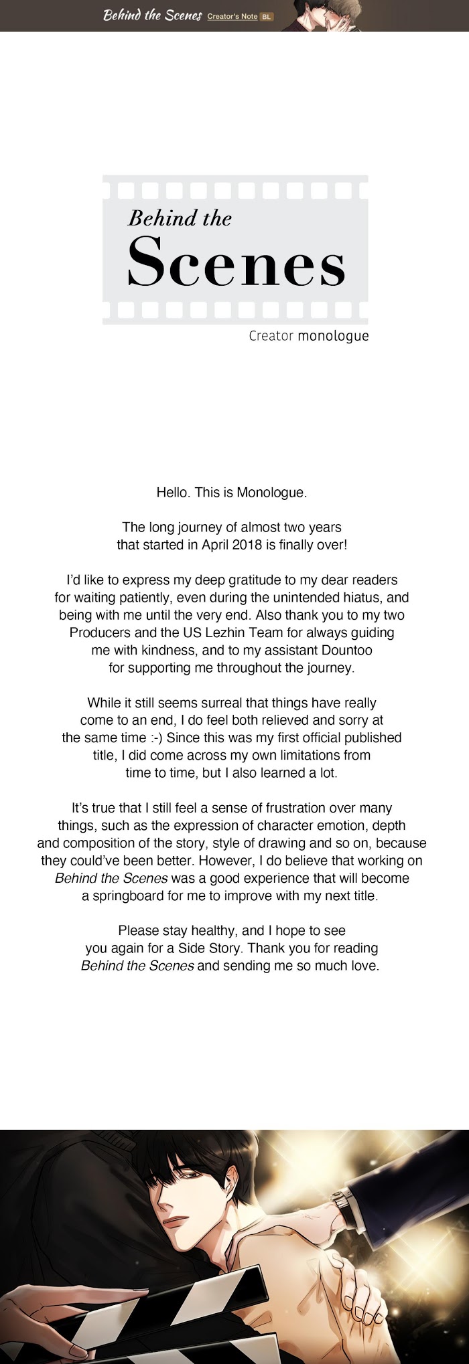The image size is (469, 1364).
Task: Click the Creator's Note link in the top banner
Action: tap(232, 16)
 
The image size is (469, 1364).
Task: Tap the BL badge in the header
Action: tap(267, 17)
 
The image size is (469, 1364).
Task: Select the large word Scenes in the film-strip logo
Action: tap(236, 262)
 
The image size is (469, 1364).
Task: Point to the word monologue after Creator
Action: tap(333, 335)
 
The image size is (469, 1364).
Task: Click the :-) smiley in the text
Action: tap(155, 738)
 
